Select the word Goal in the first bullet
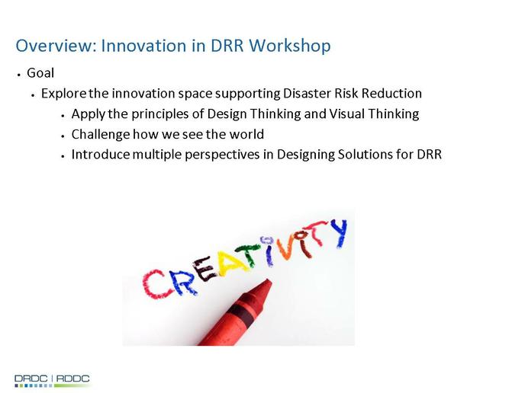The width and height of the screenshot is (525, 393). click(x=40, y=73)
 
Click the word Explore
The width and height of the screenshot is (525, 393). click(x=64, y=94)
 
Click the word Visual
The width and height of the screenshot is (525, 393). click(x=347, y=113)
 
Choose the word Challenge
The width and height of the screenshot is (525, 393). click(x=101, y=135)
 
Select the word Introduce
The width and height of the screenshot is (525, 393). click(x=101, y=155)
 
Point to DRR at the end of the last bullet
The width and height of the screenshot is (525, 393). click(x=430, y=155)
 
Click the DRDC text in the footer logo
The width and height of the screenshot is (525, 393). click(x=31, y=379)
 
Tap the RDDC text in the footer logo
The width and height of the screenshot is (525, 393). click(x=73, y=379)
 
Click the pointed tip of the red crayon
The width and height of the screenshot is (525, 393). click(x=268, y=280)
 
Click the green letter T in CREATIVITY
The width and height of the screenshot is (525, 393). click(x=249, y=254)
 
